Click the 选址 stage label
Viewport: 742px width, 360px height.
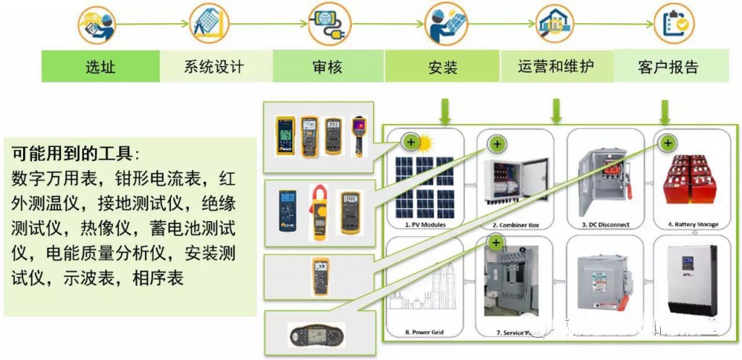click(x=100, y=67)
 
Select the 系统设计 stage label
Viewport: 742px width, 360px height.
click(x=214, y=67)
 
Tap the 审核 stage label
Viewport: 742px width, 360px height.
click(x=327, y=67)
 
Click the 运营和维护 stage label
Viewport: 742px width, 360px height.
click(x=556, y=67)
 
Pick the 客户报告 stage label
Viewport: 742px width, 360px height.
click(x=668, y=67)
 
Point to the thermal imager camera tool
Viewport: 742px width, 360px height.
click(x=359, y=135)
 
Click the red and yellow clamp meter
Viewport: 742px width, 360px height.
click(x=320, y=212)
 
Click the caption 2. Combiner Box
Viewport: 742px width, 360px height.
click(x=514, y=225)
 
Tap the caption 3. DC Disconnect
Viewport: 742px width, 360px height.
click(x=605, y=225)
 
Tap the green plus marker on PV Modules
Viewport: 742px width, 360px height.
click(x=410, y=142)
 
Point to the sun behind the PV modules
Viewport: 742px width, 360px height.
click(x=425, y=142)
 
